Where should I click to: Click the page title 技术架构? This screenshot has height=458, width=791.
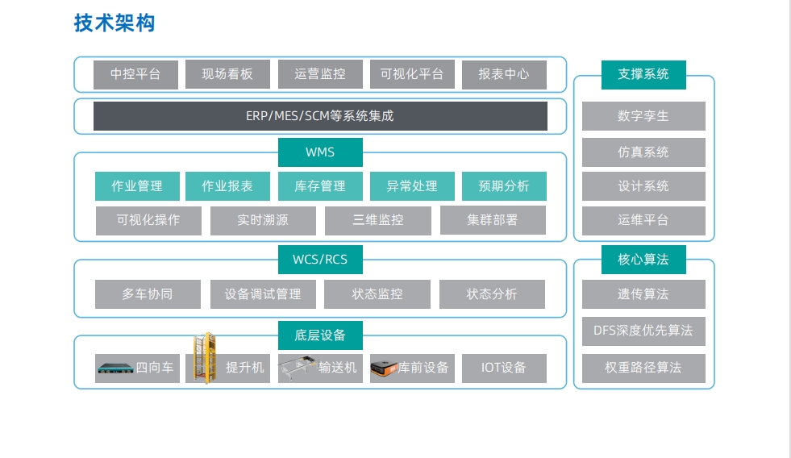[114, 23]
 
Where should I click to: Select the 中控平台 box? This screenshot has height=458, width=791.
[135, 74]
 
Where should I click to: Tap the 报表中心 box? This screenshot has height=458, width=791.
[504, 74]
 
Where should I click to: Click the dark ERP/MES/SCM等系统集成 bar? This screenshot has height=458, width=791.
[320, 116]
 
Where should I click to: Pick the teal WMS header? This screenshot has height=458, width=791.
[320, 152]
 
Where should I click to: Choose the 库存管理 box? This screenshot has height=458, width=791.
[320, 186]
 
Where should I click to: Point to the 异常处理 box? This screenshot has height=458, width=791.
[412, 186]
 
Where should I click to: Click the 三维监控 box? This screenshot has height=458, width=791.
[377, 220]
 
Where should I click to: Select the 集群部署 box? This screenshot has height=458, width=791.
[493, 220]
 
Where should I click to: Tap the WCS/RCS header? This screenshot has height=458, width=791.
[320, 260]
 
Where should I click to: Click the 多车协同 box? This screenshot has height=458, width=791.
[148, 294]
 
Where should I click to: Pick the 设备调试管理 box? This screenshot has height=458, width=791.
[263, 294]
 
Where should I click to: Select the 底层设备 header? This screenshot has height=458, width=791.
[320, 335]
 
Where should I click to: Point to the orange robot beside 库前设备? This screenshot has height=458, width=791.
[384, 368]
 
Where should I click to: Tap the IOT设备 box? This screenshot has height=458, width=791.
[504, 368]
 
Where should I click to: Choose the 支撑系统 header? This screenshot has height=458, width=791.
[643, 74]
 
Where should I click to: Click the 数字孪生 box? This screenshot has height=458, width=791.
[643, 116]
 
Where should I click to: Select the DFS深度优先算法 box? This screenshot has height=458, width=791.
[643, 330]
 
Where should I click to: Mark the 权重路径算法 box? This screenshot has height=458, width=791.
[643, 368]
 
